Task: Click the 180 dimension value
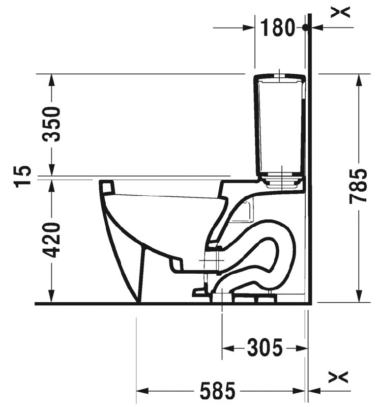pyautogui.click(x=277, y=27)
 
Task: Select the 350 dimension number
pyautogui.click(x=52, y=124)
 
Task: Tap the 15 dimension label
pyautogui.click(x=22, y=176)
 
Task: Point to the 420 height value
pyautogui.click(x=52, y=240)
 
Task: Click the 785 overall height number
pyautogui.click(x=358, y=186)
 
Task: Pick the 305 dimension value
pyautogui.click(x=265, y=347)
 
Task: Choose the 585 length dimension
pyautogui.click(x=218, y=390)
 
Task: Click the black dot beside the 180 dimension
pyautogui.click(x=306, y=27)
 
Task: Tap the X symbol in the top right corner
pyautogui.click(x=340, y=12)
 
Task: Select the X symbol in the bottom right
pyautogui.click(x=338, y=377)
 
